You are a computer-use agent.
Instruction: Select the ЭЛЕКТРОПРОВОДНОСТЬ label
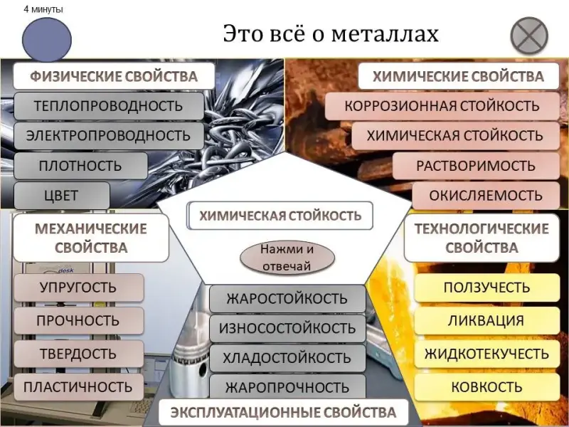tap(107, 135)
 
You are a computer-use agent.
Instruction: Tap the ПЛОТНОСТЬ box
tap(80, 166)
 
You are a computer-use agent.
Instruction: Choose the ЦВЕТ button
tap(62, 195)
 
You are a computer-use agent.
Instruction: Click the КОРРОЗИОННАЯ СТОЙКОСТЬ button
tap(441, 106)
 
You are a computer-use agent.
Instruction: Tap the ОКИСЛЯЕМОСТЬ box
tap(486, 195)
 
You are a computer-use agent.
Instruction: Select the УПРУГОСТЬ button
tap(78, 288)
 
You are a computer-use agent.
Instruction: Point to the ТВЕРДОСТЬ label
tap(78, 354)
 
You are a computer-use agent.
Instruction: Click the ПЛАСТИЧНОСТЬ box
tap(78, 387)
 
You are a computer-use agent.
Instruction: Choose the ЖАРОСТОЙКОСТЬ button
tap(287, 298)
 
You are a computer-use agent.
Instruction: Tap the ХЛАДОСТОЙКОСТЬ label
tap(287, 357)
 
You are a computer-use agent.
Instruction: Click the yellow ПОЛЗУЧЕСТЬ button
tap(486, 288)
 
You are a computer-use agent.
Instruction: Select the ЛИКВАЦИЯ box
tap(486, 320)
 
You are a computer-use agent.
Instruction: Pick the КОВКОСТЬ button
tap(486, 387)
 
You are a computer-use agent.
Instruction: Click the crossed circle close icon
tap(530, 35)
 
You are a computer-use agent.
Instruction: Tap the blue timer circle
tap(47, 40)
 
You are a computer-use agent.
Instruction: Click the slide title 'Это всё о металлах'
tap(331, 33)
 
